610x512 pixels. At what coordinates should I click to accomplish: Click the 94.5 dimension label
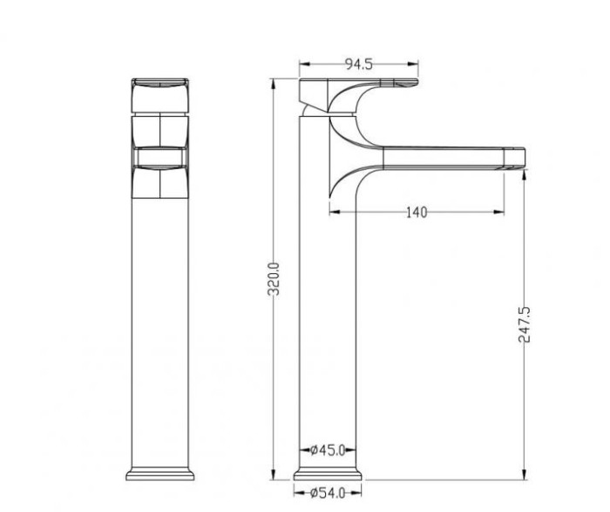(359, 64)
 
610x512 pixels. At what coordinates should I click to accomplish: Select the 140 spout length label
(417, 213)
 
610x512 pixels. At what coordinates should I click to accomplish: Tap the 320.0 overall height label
(274, 279)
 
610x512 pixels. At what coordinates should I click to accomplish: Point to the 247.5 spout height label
(524, 324)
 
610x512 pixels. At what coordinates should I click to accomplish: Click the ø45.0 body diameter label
(328, 450)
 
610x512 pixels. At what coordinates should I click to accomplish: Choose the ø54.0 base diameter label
(328, 494)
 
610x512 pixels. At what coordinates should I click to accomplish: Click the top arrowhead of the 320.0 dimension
(273, 84)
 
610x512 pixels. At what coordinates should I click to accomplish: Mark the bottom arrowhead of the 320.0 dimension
(273, 474)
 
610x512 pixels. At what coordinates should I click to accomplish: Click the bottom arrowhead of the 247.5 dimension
(524, 474)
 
